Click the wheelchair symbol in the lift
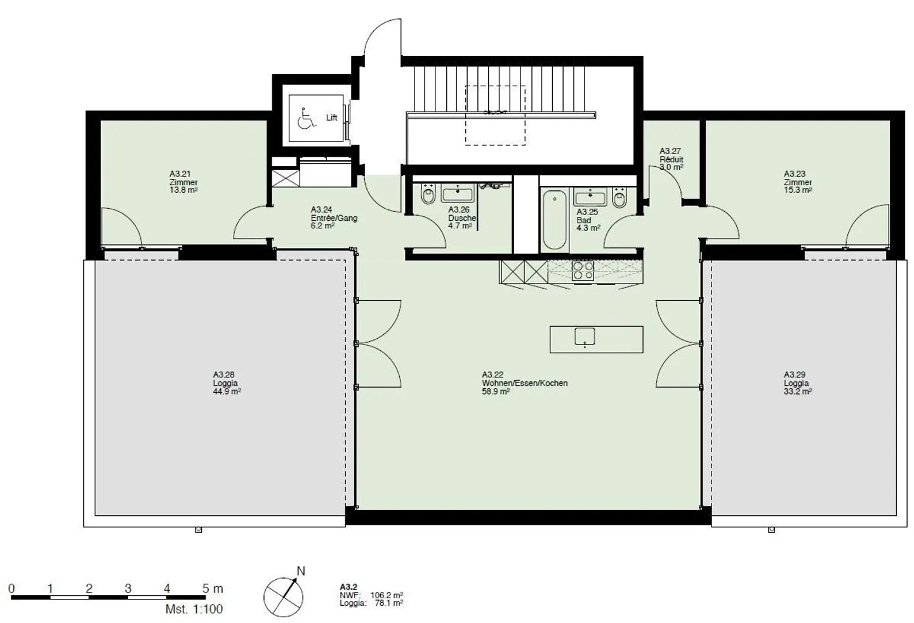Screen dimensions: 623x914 [306, 118]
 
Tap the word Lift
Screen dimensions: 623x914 [331, 118]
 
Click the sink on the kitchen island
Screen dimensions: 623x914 [584, 337]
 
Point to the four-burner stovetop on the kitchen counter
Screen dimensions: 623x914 [583, 271]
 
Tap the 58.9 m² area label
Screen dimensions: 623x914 [496, 391]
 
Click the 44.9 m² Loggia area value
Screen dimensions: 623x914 [227, 391]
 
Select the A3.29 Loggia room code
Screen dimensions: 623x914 [794, 374]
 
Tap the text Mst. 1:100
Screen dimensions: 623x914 [194, 609]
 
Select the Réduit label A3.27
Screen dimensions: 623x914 [670, 151]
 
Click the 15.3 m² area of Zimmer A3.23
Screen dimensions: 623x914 [797, 190]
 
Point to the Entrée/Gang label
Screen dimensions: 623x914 [334, 218]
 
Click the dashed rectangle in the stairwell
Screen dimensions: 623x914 [495, 115]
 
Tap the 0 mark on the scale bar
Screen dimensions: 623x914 [11, 589]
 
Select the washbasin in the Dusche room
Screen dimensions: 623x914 [457, 193]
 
